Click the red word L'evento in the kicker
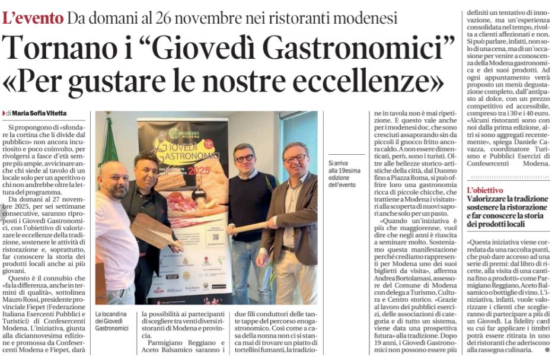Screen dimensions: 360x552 [x=33, y=18]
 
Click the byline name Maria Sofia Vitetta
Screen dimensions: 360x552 [x=37, y=113]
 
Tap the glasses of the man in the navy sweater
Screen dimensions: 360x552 [x=244, y=158]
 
